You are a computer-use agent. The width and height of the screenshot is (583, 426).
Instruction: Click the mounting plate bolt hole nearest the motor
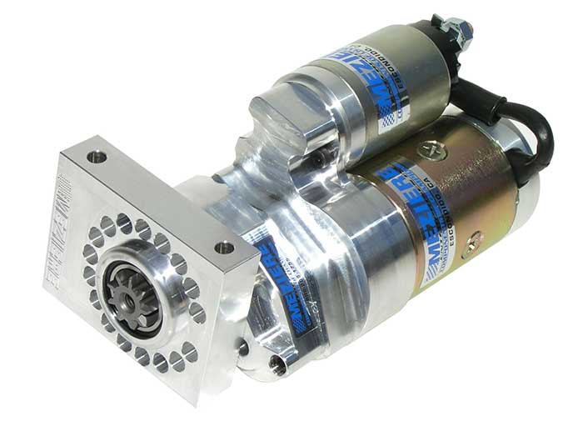223,248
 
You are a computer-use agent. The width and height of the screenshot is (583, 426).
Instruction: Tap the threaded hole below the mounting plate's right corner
278,363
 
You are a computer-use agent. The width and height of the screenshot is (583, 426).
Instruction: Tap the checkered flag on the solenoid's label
385,117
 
